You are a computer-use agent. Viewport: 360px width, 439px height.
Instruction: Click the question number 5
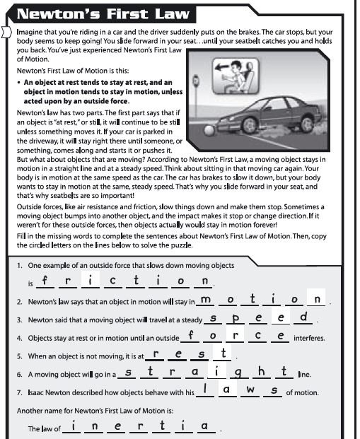(x=21, y=356)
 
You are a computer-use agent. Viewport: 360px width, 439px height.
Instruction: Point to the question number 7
(x=21, y=392)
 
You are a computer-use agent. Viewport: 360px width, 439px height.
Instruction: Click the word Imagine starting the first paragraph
(x=32, y=32)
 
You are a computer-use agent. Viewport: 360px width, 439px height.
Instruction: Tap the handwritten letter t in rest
(x=223, y=352)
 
